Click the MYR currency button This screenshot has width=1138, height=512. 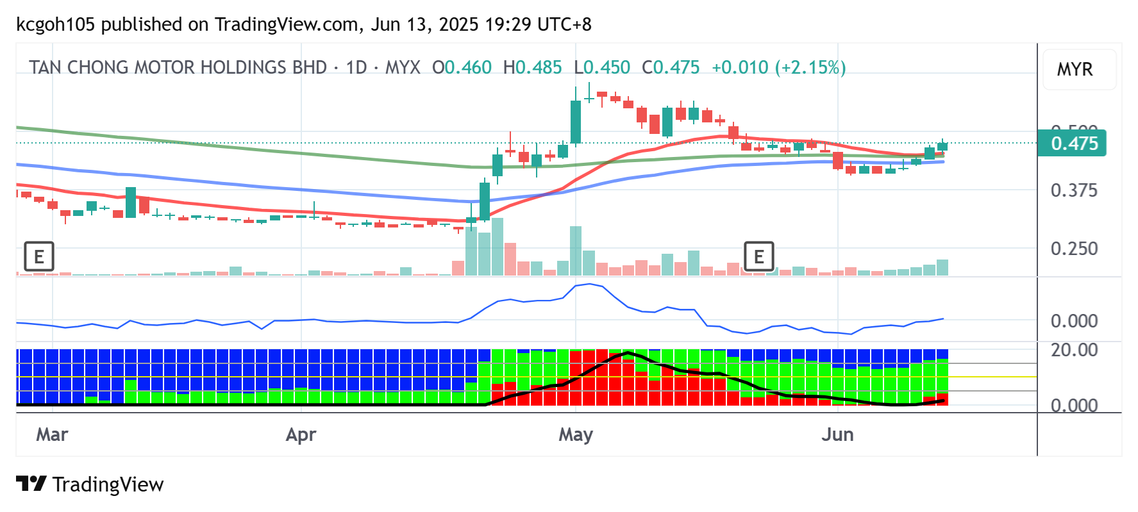[1075, 69]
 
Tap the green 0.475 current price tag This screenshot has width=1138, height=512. [1074, 143]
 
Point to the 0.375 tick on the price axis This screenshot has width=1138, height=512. [1074, 190]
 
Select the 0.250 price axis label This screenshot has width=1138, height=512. [1074, 249]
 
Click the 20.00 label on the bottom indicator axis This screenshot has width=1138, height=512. [1074, 350]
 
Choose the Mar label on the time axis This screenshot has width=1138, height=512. [52, 434]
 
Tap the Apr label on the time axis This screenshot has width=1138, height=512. [301, 434]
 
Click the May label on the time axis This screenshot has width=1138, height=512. [575, 434]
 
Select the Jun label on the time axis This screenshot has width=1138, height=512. [837, 434]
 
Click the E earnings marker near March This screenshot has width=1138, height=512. [38, 257]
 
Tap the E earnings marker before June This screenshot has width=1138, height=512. [758, 257]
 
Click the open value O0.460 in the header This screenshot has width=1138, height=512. [462, 67]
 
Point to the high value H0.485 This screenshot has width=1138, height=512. [532, 67]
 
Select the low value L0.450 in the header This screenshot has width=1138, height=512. [602, 67]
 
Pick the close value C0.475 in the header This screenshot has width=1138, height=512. [671, 67]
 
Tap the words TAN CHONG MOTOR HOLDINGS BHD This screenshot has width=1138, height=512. [178, 67]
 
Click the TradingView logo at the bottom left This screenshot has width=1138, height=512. [90, 484]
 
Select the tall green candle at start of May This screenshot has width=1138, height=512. [576, 122]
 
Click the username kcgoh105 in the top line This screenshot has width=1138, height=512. [55, 24]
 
